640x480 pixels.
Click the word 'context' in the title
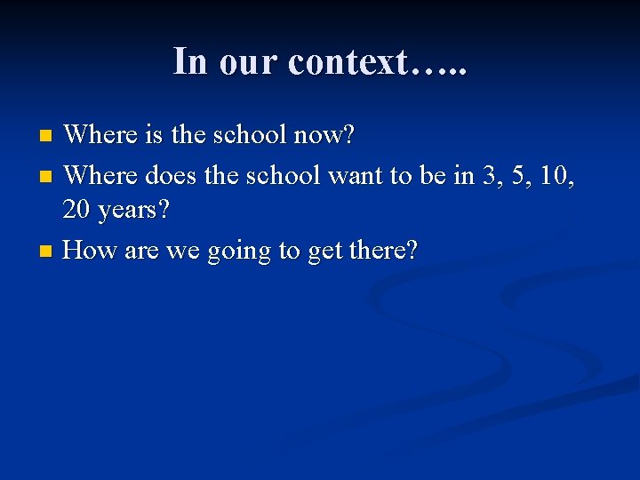[345, 61]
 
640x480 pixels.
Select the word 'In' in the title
[189, 61]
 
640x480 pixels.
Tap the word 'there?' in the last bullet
[384, 251]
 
